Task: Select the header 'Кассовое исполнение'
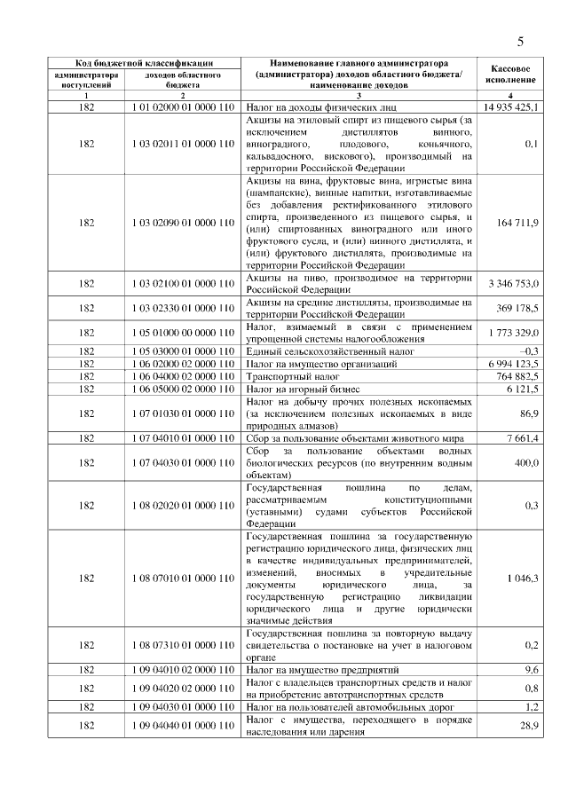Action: pyautogui.click(x=510, y=74)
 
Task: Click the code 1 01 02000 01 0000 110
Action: pyautogui.click(x=182, y=106)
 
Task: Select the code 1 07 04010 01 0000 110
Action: pyautogui.click(x=182, y=438)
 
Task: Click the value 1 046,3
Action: pyautogui.click(x=523, y=579)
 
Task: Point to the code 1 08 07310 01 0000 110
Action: pyautogui.click(x=182, y=646)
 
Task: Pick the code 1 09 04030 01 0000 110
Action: pyautogui.click(x=182, y=706)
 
